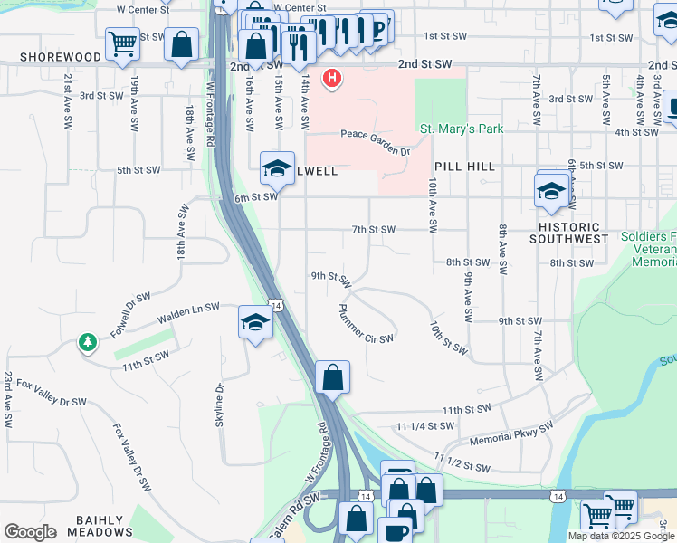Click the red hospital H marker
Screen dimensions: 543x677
click(x=333, y=79)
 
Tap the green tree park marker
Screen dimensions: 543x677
click(x=88, y=343)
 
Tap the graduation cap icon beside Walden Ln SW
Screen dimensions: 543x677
click(x=255, y=322)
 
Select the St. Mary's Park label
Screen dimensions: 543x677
click(x=462, y=129)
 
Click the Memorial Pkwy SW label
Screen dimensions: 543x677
click(x=511, y=435)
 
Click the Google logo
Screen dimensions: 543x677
click(x=30, y=532)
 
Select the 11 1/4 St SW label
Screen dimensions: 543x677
click(x=424, y=425)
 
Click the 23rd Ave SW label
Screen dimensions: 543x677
click(x=7, y=398)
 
